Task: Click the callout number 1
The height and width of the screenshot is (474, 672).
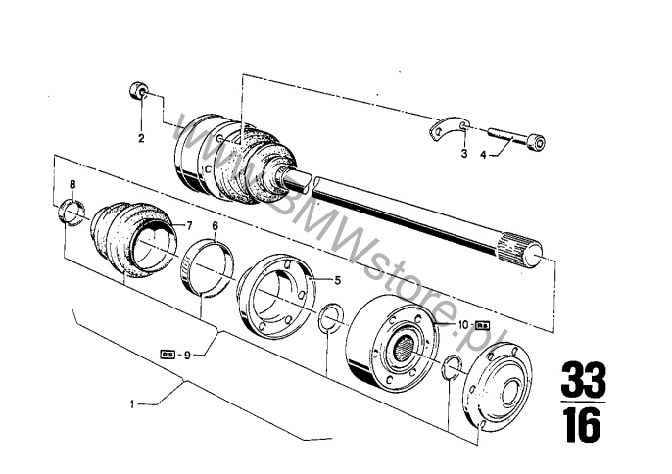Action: tap(133, 403)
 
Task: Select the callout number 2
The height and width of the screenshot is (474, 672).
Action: tap(141, 138)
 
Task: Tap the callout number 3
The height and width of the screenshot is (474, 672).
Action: tap(464, 154)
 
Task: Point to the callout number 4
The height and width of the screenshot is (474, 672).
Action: tap(483, 155)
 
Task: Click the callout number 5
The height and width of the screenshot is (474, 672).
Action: tap(338, 281)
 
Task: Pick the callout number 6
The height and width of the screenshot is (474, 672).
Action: tap(215, 226)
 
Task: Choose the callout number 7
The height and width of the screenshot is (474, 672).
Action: tap(189, 225)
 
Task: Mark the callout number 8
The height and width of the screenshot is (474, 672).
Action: tap(72, 185)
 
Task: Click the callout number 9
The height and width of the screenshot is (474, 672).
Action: tap(187, 355)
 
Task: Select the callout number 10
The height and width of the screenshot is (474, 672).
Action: tap(464, 325)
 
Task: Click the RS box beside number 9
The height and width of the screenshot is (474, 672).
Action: tap(168, 355)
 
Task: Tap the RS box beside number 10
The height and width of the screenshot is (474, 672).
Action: tap(483, 326)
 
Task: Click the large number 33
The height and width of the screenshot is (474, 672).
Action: tap(583, 380)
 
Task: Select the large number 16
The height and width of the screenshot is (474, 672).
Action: tap(583, 425)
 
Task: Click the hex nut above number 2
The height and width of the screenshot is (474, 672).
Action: tap(138, 91)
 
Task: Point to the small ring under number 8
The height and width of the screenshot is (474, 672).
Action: tap(72, 212)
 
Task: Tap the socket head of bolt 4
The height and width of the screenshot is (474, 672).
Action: tap(536, 141)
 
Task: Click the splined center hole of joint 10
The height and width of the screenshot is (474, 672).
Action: tap(404, 347)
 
